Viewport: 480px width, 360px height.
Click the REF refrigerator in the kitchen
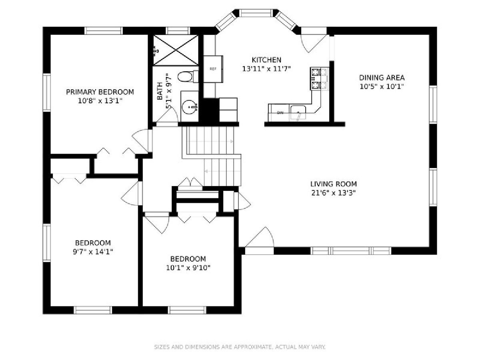point(213,69)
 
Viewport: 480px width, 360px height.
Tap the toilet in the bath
point(188,76)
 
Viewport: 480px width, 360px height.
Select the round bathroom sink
point(189,107)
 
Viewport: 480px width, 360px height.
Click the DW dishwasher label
point(280,113)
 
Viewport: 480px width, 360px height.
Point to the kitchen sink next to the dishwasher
point(298,112)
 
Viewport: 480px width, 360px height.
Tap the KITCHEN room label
point(266,60)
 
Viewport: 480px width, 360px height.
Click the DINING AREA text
point(382,78)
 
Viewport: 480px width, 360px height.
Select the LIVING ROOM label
point(334,184)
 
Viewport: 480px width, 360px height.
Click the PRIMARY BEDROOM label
point(100,92)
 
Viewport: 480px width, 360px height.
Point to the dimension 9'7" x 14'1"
point(93,252)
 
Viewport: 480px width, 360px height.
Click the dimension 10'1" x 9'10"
point(188,268)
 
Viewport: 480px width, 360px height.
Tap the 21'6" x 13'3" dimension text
point(334,193)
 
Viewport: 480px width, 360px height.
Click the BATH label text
point(160,91)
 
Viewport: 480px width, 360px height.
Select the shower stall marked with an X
point(176,50)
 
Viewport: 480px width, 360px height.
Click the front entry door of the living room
point(260,240)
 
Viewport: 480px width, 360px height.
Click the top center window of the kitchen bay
point(256,13)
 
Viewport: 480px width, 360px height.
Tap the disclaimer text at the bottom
point(240,347)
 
